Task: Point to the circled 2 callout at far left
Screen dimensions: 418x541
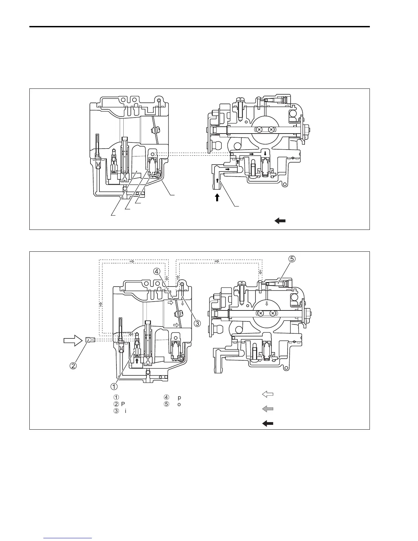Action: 73,365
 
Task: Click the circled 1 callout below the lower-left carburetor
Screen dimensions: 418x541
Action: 114,386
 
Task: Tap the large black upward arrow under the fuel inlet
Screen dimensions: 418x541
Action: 217,197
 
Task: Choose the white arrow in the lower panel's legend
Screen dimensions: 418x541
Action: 268,394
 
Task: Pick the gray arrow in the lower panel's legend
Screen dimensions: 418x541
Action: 268,409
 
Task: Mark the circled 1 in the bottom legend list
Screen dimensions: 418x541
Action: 116,397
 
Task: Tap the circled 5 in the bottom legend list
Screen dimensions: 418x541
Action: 166,404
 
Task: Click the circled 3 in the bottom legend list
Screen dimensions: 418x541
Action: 116,411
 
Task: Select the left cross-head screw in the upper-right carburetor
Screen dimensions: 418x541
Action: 259,129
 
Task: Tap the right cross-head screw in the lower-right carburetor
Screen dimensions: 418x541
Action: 272,313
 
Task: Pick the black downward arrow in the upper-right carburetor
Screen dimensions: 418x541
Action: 265,153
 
